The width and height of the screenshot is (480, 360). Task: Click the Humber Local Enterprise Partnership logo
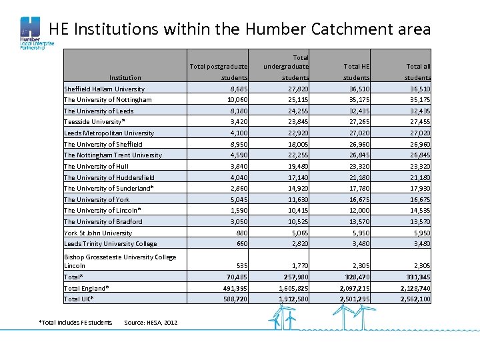pos(33,34)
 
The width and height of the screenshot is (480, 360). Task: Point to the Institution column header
pos(125,78)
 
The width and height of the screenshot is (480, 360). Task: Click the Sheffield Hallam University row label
pos(104,89)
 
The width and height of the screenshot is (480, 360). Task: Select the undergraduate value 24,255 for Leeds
pos(296,111)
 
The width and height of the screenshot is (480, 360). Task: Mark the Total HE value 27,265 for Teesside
pos(357,122)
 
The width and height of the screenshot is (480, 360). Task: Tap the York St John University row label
pos(98,233)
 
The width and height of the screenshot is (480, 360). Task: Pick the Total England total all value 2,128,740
pos(415,288)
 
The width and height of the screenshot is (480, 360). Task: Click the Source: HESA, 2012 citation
pos(151,323)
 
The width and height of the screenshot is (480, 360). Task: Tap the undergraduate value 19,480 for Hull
pos(296,167)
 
